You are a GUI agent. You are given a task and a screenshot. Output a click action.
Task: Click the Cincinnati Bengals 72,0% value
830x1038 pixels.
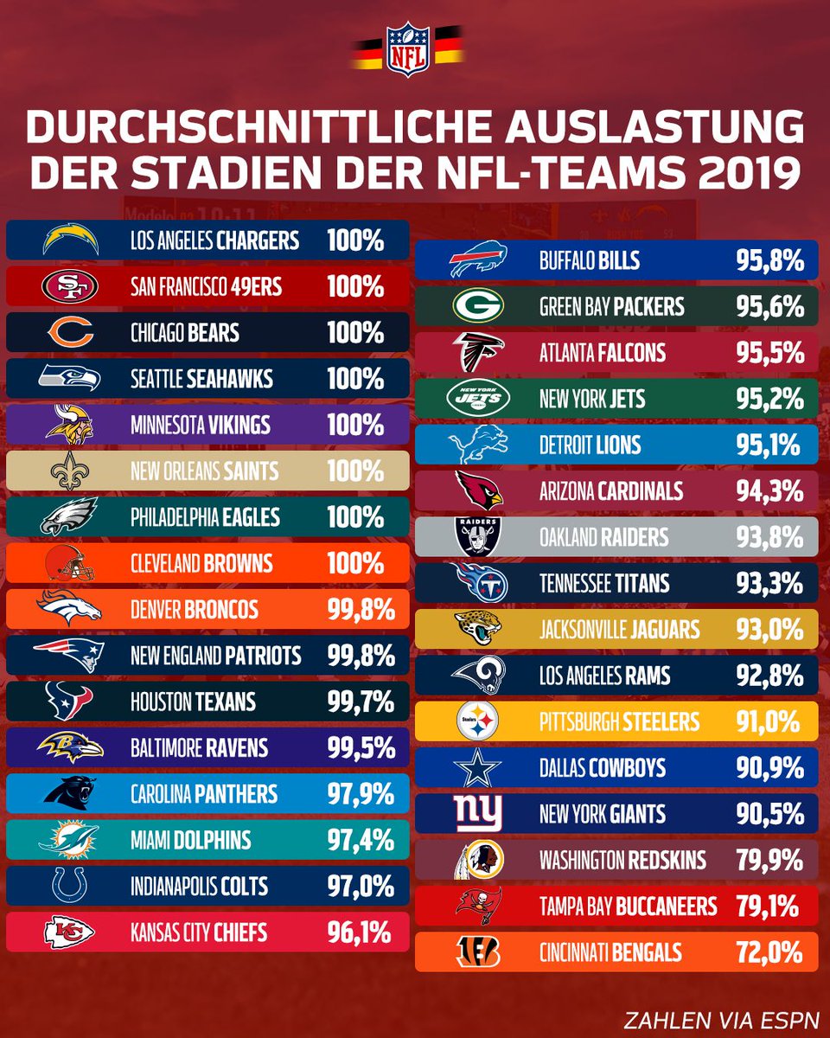tap(770, 952)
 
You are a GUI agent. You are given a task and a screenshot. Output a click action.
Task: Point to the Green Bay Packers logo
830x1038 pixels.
tap(476, 306)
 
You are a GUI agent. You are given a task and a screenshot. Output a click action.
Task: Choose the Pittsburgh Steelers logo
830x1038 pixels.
tap(476, 721)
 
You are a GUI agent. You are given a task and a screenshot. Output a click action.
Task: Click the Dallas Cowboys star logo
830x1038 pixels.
tap(476, 768)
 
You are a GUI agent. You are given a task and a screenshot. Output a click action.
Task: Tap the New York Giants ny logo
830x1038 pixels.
tap(476, 814)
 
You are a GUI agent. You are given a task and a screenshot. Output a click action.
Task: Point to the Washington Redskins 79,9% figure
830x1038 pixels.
tap(770, 860)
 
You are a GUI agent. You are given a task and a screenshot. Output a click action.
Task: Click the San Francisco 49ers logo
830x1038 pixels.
tap(70, 286)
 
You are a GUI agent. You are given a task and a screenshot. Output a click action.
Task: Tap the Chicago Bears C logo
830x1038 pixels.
tap(70, 333)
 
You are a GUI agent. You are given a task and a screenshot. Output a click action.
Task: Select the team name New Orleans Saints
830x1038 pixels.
tap(204, 471)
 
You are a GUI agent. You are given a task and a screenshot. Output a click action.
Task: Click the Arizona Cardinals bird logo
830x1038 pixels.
tap(476, 490)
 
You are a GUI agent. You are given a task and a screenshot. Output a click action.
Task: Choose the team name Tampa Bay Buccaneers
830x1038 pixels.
tap(628, 906)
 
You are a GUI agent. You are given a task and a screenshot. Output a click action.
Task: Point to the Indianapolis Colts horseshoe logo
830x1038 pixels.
tap(70, 886)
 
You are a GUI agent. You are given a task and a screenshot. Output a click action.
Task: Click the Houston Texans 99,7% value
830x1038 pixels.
tap(361, 702)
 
